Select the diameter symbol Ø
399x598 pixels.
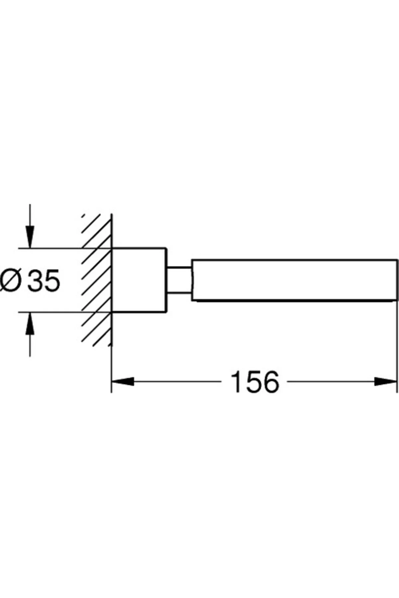(x=11, y=281)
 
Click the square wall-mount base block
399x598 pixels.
(x=139, y=280)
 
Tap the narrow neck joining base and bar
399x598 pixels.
(x=179, y=280)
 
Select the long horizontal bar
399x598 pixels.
(x=294, y=280)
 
